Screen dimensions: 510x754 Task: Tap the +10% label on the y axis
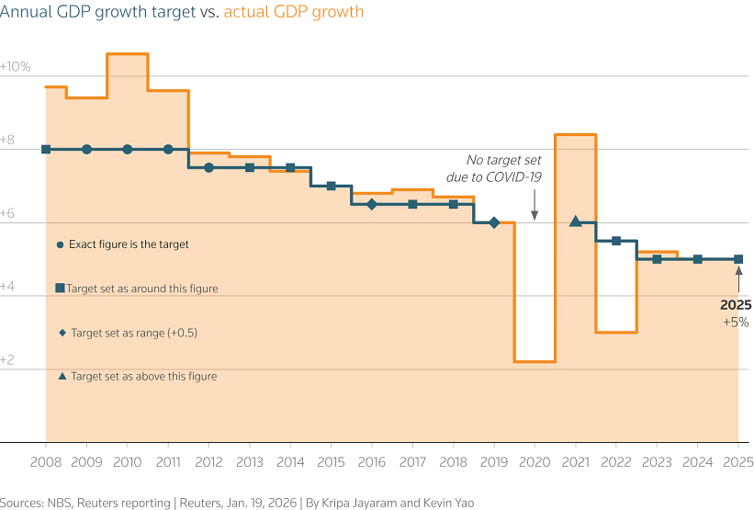pyautogui.click(x=16, y=67)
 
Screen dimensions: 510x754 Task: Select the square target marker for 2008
pyautogui.click(x=46, y=149)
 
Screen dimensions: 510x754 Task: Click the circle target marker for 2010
pyautogui.click(x=127, y=149)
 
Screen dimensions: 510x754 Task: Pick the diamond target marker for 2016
pyautogui.click(x=371, y=204)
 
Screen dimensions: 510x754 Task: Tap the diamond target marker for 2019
pyautogui.click(x=494, y=222)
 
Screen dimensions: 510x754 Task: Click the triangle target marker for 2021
pyautogui.click(x=575, y=221)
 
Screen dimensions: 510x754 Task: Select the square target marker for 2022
pyautogui.click(x=616, y=241)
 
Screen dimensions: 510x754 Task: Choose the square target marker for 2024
pyautogui.click(x=697, y=259)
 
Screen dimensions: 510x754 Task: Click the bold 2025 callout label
pyautogui.click(x=736, y=305)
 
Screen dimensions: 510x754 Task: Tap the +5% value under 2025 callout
pyautogui.click(x=737, y=323)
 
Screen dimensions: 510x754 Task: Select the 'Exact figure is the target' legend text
pyautogui.click(x=129, y=245)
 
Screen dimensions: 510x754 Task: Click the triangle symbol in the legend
pyautogui.click(x=62, y=376)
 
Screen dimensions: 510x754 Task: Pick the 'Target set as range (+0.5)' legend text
pyautogui.click(x=134, y=333)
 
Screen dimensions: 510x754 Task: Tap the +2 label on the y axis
pyautogui.click(x=10, y=360)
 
